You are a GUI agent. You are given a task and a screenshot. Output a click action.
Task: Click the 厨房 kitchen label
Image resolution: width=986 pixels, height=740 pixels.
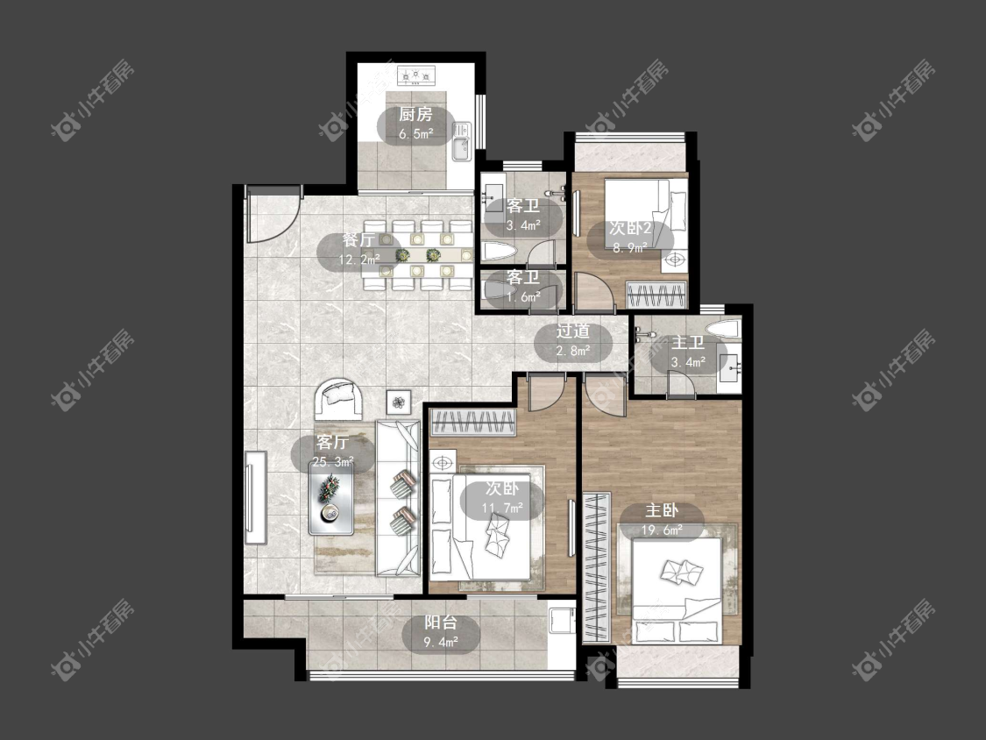click(x=415, y=115)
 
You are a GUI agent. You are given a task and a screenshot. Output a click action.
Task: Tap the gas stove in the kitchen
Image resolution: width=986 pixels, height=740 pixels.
click(x=415, y=77)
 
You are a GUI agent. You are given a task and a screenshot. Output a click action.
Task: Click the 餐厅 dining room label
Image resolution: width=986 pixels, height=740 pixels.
click(x=359, y=239)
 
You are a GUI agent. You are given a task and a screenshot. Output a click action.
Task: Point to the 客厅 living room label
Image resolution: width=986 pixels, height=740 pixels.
click(x=333, y=442)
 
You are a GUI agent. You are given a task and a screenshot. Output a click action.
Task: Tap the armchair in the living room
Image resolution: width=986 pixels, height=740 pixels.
click(x=339, y=399)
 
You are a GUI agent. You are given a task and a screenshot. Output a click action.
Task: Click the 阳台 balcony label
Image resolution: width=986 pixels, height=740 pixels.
click(x=440, y=623)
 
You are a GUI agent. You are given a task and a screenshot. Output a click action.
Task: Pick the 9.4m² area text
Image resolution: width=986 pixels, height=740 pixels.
click(x=440, y=643)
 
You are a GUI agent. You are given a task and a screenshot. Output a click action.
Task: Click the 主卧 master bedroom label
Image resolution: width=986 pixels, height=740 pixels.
click(x=662, y=510)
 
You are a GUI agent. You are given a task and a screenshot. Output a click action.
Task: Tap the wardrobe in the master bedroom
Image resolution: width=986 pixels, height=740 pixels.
click(x=596, y=567)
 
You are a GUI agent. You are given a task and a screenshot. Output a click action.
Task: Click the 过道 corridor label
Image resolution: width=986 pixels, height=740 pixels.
click(x=573, y=331)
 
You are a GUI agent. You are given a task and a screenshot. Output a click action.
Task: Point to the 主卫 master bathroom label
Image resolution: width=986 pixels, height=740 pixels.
click(x=687, y=343)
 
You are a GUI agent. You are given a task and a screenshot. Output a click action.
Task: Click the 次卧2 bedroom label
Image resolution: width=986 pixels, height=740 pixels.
click(x=630, y=228)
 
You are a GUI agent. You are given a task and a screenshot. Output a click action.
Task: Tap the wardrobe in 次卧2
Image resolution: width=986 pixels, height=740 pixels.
click(x=656, y=295)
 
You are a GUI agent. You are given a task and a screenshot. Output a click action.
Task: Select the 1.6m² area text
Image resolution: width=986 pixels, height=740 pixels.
click(x=523, y=297)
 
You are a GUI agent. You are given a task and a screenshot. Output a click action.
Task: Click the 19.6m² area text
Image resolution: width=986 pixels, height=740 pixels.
click(x=662, y=530)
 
